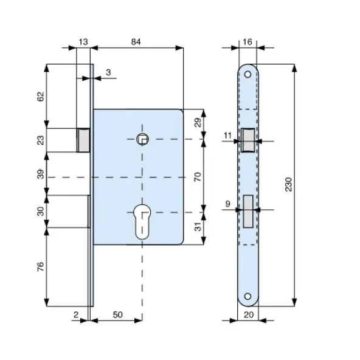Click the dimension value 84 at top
[136, 42]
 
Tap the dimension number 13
[83, 42]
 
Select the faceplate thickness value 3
[108, 72]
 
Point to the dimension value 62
[40, 97]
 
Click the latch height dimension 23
[40, 140]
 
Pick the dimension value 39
[40, 174]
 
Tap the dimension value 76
[40, 266]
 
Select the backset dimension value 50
[117, 314]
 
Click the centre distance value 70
[198, 176]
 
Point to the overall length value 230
[288, 184]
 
